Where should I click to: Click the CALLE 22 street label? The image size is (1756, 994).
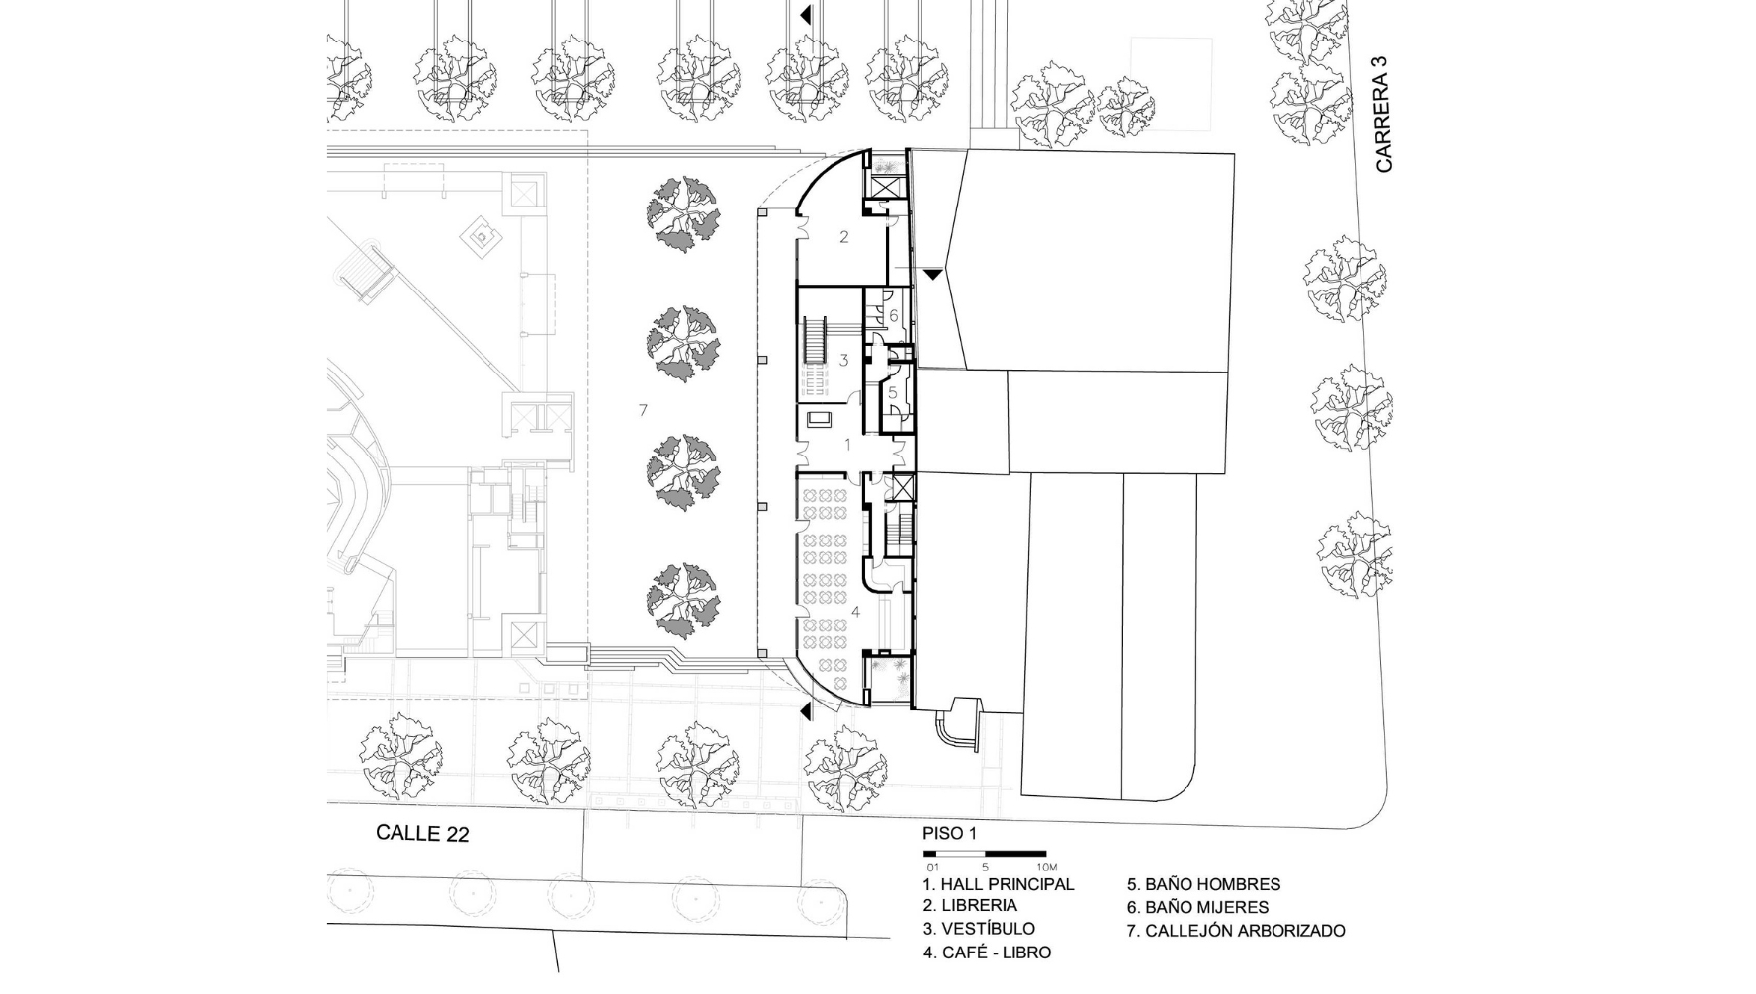(422, 833)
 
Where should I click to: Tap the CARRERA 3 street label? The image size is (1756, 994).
(1384, 114)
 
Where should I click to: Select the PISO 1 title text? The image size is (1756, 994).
(949, 833)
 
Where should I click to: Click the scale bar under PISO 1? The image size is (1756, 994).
(985, 853)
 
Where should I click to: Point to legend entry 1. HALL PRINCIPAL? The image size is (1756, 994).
(999, 884)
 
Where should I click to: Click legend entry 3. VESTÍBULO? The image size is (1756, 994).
(979, 929)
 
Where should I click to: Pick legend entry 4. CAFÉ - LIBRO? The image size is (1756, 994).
(987, 953)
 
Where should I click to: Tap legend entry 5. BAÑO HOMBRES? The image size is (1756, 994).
(1204, 884)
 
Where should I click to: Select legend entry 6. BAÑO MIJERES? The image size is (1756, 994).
(1198, 906)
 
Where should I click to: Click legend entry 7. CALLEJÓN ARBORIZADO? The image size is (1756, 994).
(1236, 930)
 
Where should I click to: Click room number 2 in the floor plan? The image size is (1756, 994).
(844, 237)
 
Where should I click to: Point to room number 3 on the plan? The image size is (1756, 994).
(843, 361)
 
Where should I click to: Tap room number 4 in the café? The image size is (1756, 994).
(856, 612)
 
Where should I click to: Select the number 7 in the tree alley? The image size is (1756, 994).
(643, 409)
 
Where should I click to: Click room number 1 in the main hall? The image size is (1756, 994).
(847, 445)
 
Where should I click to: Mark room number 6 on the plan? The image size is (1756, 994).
(893, 316)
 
